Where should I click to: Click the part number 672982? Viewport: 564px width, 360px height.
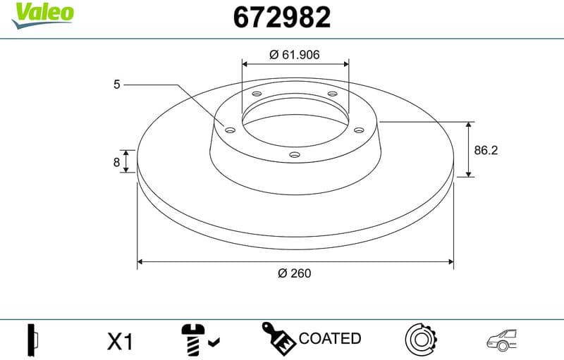[281, 18]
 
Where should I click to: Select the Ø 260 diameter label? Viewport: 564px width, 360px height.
[294, 273]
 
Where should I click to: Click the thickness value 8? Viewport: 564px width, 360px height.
[117, 161]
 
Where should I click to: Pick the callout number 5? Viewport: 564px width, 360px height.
[117, 85]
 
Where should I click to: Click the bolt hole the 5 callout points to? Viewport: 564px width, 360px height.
[229, 128]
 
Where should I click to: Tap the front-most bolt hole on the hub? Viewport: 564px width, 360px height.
[295, 155]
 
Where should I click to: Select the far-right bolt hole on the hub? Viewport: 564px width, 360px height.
[357, 129]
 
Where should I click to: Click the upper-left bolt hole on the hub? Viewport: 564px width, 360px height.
[256, 94]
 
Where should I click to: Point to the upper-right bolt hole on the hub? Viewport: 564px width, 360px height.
[332, 95]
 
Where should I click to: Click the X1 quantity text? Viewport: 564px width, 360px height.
[120, 342]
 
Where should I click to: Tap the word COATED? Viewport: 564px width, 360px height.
[330, 339]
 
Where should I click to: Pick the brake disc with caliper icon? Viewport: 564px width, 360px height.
[422, 340]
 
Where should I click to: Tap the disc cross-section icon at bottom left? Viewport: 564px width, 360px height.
[32, 341]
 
